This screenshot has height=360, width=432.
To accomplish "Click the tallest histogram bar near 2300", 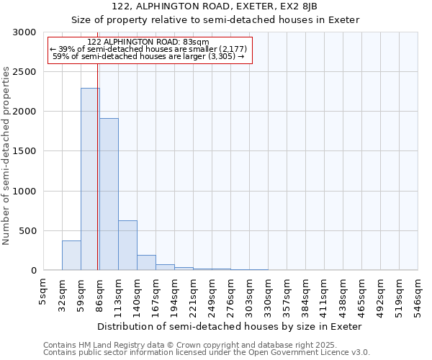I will coord(90,180).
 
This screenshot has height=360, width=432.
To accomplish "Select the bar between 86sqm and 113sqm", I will coord(109,194).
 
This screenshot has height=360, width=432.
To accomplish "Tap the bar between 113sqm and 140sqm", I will coord(127,246).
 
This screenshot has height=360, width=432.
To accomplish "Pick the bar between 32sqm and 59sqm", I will coord(71,256).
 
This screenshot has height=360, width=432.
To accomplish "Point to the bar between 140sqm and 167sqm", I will coord(146,263).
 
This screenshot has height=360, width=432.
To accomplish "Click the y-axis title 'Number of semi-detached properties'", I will coord(7,156).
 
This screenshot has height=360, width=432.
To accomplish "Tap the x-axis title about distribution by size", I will coord(230,326).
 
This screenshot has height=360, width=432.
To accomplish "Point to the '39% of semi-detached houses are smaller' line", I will coord(149,49).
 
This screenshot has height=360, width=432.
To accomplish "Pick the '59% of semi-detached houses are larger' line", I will coord(149,56).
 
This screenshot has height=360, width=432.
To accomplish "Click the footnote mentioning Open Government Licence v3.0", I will coord(207,353).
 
